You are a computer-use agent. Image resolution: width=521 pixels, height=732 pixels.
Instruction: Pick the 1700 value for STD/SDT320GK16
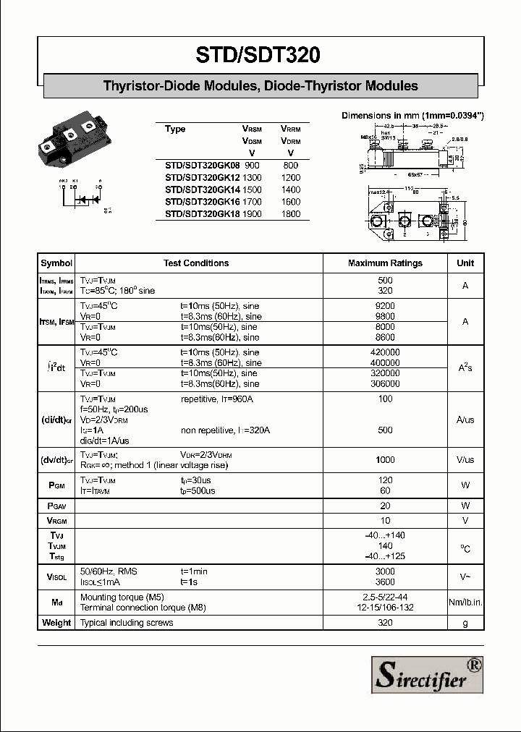click(252, 202)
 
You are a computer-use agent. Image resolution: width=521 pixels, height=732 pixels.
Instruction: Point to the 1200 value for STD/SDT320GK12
click(290, 178)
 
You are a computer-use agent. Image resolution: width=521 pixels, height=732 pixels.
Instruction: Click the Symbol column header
click(56, 263)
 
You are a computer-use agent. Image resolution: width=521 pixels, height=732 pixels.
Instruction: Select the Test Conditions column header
click(196, 263)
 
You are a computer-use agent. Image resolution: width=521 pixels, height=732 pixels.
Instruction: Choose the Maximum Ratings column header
click(385, 263)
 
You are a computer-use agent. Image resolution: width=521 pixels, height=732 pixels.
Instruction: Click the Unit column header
click(465, 263)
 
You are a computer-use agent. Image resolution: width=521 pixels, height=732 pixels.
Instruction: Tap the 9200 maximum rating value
click(385, 306)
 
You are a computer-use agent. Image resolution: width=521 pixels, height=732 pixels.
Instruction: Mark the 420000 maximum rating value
click(385, 352)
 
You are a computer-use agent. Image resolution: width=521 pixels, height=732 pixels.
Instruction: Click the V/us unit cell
click(465, 460)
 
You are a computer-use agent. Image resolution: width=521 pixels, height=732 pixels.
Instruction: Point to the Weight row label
click(56, 623)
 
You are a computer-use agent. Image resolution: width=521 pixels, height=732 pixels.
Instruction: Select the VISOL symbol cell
click(56, 576)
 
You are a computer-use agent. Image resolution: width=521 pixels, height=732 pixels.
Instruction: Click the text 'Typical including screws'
click(128, 623)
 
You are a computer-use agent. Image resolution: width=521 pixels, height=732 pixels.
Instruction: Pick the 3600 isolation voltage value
click(385, 582)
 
